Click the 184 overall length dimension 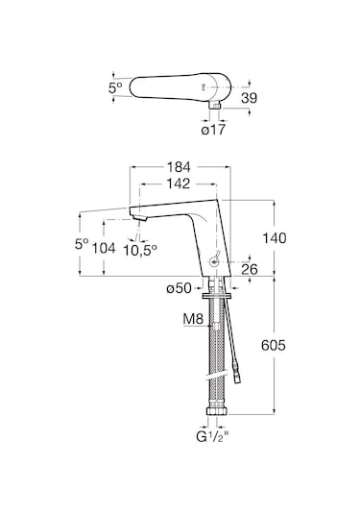pos(179,167)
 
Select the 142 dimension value pos(178,184)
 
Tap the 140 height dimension pos(275,238)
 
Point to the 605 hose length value pos(274,345)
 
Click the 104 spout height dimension pos(104,248)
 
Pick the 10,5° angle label pos(140,250)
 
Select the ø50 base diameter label pos(179,288)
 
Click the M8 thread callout pos(193,319)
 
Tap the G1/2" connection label pos(212,436)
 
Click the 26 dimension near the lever pos(250,269)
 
